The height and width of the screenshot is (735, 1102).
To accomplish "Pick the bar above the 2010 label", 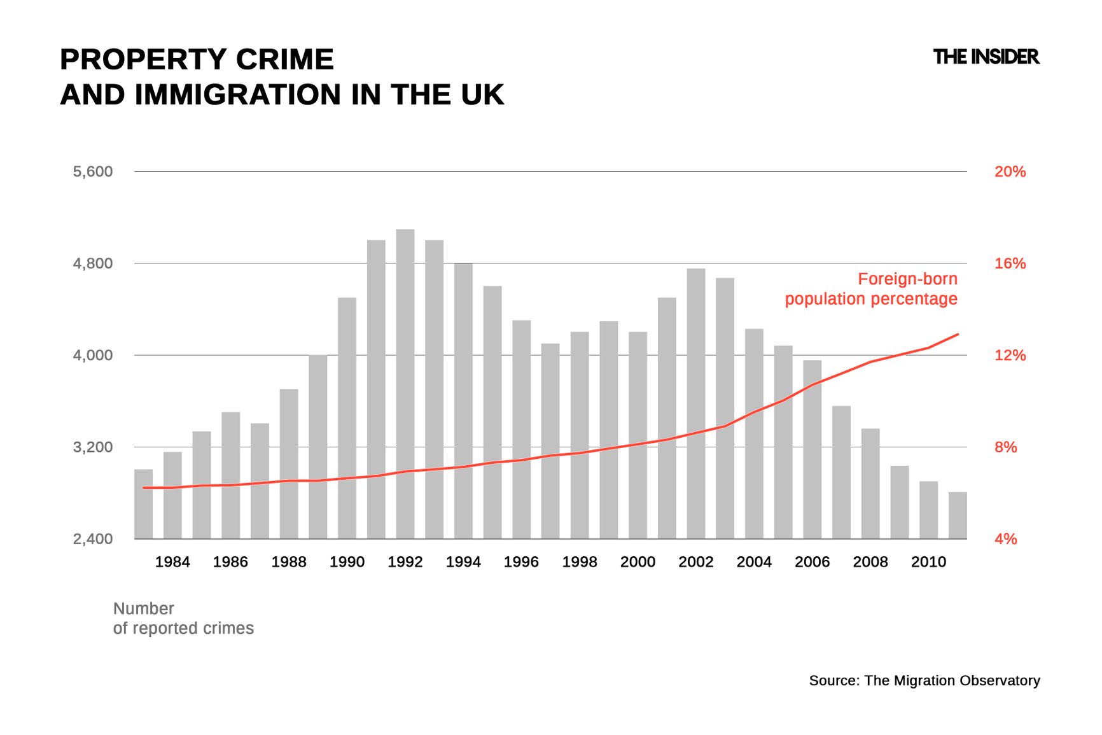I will [x=928, y=510].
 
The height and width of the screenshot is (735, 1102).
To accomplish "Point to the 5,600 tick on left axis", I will [x=93, y=172].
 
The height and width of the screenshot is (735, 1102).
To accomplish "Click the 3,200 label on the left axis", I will [x=93, y=447].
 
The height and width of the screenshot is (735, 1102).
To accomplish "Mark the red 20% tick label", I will [x=1010, y=172].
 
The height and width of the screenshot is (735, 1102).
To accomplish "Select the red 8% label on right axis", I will [x=1005, y=447].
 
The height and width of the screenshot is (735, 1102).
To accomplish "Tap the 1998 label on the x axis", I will [x=579, y=562].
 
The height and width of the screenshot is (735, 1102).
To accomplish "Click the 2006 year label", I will [x=812, y=562].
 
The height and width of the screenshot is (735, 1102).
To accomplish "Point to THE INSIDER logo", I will [x=986, y=57].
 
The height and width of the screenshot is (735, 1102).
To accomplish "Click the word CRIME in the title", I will [x=284, y=60].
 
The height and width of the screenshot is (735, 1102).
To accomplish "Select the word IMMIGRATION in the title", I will [x=238, y=95].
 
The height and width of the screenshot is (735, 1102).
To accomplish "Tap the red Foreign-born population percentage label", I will [x=871, y=289].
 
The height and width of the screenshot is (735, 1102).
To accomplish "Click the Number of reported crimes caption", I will [x=183, y=619].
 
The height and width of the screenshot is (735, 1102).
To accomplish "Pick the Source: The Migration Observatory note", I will [x=924, y=680].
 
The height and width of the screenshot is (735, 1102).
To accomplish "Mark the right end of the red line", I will [x=958, y=334].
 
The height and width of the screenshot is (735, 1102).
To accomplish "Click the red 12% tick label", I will [x=1010, y=356].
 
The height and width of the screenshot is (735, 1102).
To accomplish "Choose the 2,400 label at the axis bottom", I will [x=93, y=539].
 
